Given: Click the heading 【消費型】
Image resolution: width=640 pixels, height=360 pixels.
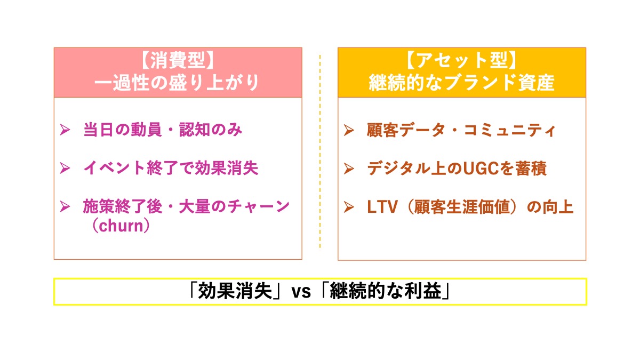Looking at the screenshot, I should pyautogui.click(x=178, y=62).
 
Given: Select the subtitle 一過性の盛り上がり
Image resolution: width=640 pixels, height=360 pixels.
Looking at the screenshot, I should pyautogui.click(x=178, y=83).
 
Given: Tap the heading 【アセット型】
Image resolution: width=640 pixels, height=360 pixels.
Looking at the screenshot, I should pyautogui.click(x=462, y=62).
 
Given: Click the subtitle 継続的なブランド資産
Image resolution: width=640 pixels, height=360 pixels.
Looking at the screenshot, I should pyautogui.click(x=462, y=83).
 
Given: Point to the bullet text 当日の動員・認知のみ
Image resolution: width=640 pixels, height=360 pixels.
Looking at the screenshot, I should pyautogui.click(x=162, y=130).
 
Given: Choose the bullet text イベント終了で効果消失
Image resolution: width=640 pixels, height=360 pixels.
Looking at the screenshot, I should pyautogui.click(x=171, y=168).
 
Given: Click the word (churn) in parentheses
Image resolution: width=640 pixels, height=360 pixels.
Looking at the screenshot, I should pyautogui.click(x=118, y=225).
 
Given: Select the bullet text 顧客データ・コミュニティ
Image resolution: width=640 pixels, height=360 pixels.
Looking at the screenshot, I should pyautogui.click(x=461, y=130).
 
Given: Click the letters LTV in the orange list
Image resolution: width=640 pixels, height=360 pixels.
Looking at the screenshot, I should pyautogui.click(x=382, y=207).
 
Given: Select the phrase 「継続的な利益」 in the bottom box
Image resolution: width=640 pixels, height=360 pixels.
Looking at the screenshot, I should pyautogui.click(x=386, y=292).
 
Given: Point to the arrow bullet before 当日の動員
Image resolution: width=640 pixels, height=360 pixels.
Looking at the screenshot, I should pyautogui.click(x=65, y=130).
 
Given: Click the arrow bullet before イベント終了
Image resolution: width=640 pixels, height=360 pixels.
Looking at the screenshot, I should pyautogui.click(x=65, y=168).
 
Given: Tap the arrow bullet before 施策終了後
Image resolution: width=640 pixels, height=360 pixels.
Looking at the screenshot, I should pyautogui.click(x=65, y=206).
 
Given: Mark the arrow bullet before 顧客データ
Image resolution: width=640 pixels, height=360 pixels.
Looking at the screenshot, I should pyautogui.click(x=349, y=130).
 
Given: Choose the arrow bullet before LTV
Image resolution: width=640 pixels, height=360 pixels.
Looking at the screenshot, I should pyautogui.click(x=349, y=207).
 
